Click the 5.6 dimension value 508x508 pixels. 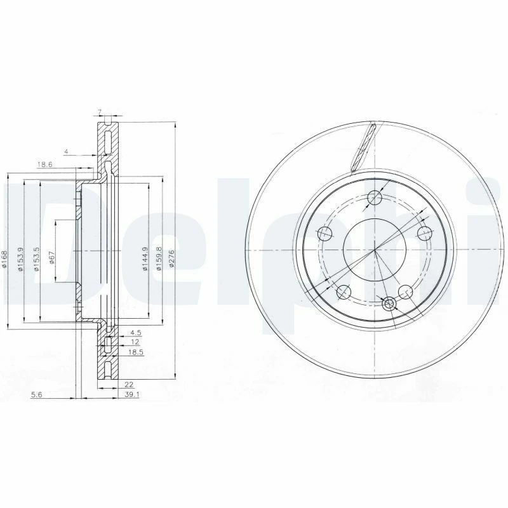[x=37, y=394]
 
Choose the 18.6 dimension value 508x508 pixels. [x=44, y=164]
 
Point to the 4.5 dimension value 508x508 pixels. [x=135, y=332]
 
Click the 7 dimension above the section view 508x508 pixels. [x=99, y=112]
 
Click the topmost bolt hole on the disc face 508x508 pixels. [x=375, y=197]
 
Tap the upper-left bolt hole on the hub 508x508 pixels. [x=325, y=233]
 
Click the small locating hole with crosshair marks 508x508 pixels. [x=389, y=304]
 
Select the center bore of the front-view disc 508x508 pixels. [x=375, y=250]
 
